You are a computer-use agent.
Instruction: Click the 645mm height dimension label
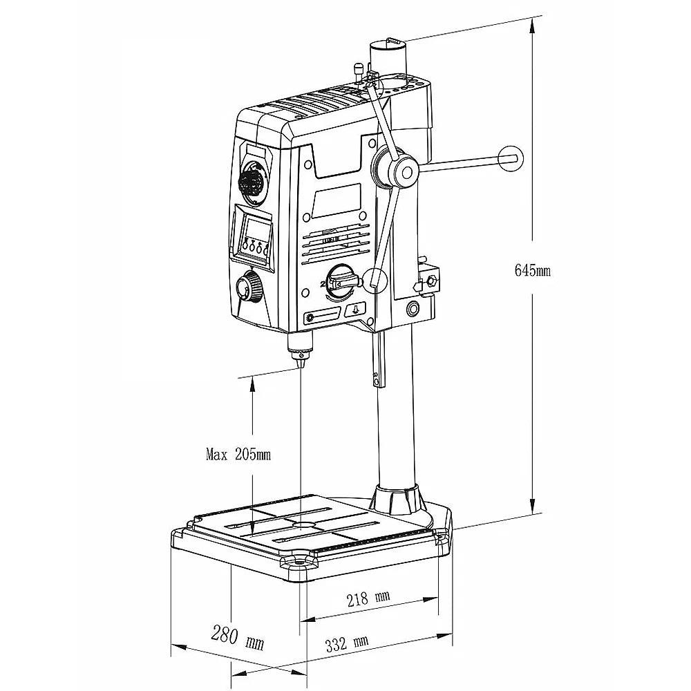[532, 271]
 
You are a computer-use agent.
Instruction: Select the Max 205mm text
[238, 454]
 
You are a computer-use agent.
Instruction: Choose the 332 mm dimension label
[346, 644]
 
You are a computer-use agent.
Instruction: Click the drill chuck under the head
[300, 348]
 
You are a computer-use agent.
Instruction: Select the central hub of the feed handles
[404, 171]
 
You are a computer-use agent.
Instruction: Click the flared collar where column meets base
[397, 499]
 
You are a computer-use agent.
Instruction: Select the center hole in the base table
[302, 525]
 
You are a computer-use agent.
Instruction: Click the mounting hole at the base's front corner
[299, 563]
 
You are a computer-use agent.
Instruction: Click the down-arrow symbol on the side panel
[356, 311]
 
